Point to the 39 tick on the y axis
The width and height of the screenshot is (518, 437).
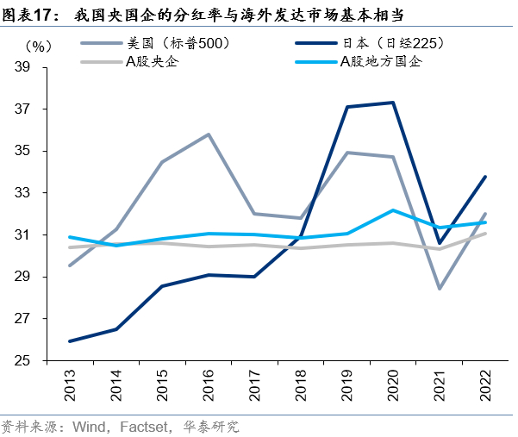point(44,67)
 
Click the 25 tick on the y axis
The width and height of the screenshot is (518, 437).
point(44,360)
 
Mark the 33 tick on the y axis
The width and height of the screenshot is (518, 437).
point(44,193)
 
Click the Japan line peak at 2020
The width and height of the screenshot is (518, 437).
point(393,103)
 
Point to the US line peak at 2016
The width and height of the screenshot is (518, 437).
point(209,134)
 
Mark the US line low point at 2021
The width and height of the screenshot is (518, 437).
point(440,288)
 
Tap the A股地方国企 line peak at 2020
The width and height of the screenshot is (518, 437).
point(393,210)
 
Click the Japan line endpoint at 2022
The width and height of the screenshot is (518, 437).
point(485,177)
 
